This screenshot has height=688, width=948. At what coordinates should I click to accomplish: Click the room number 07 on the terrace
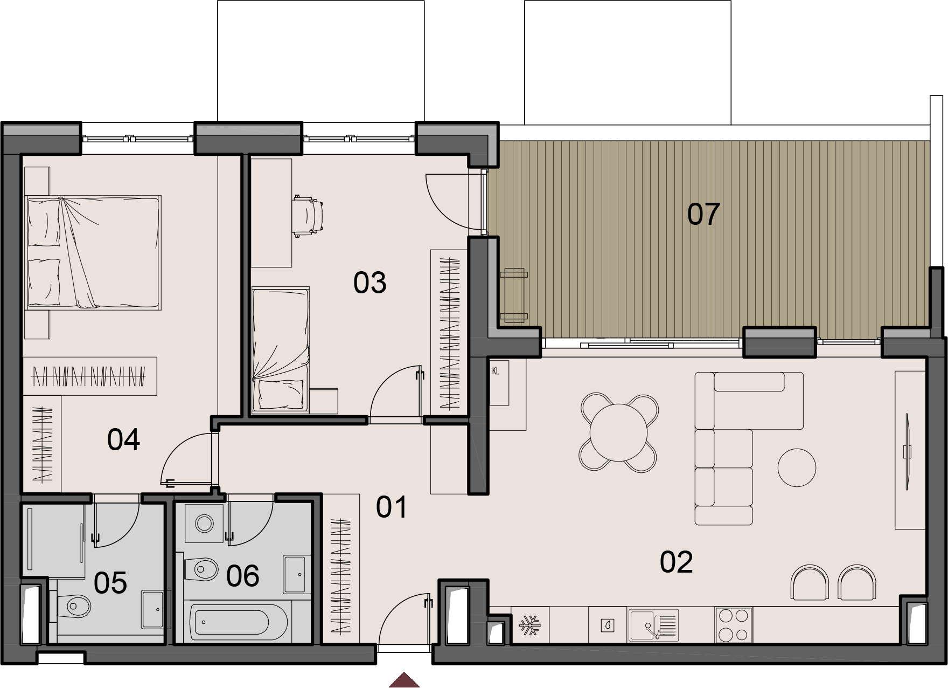pyautogui.click(x=703, y=214)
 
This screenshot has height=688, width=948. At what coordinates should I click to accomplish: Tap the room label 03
pyautogui.click(x=370, y=283)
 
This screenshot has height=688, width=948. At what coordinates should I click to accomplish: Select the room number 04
pyautogui.click(x=123, y=439)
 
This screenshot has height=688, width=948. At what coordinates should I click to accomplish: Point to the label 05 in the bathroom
pyautogui.click(x=110, y=583)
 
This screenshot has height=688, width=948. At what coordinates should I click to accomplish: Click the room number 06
pyautogui.click(x=243, y=576)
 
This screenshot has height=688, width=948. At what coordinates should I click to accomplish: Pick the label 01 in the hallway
pyautogui.click(x=392, y=507)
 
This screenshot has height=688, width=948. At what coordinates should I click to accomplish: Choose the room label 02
pyautogui.click(x=676, y=562)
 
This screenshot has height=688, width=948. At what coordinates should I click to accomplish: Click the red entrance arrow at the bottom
pyautogui.click(x=404, y=680)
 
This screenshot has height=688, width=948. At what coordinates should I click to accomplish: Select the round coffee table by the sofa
pyautogui.click(x=797, y=467)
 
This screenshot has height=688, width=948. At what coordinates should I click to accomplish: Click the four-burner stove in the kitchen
pyautogui.click(x=734, y=624)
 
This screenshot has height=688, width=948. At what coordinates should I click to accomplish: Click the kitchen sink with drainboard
pyautogui.click(x=653, y=625)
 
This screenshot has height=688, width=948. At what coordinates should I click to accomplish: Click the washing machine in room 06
pyautogui.click(x=204, y=523)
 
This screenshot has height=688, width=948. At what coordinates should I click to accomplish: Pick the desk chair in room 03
pyautogui.click(x=309, y=216)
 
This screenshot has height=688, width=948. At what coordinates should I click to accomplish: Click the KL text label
pyautogui.click(x=496, y=371)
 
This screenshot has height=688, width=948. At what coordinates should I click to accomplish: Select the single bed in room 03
pyautogui.click(x=281, y=349)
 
